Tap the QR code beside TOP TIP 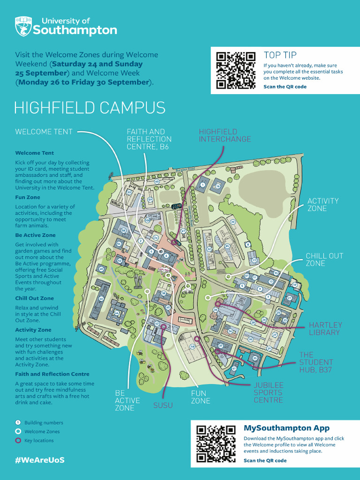235,70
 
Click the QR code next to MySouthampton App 216,443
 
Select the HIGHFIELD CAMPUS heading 90,107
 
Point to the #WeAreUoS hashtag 39,460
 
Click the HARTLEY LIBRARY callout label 325,329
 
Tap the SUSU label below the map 163,405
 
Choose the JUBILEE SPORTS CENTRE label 268,393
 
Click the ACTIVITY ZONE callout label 322,204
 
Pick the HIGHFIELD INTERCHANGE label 225,135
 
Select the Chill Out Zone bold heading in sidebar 34,298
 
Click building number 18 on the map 192,346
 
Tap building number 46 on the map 101,299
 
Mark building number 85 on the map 227,246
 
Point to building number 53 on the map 129,192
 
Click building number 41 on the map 234,368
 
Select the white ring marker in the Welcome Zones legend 18,431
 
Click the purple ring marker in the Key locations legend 18,440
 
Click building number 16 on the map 218,186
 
